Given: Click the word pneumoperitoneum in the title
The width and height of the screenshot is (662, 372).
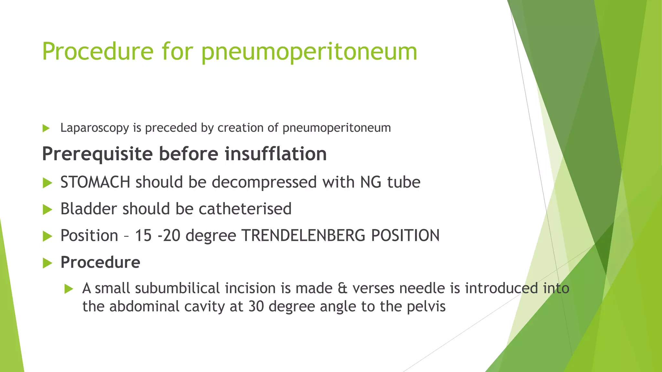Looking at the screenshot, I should coord(309,52).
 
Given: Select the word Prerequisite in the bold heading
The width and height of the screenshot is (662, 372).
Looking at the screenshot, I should coord(97,154).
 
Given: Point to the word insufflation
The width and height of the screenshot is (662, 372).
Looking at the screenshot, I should coord(276,154).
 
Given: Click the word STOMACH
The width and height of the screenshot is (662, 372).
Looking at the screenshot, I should coord(95,182).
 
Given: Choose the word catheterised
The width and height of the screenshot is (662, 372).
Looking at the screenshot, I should coord(245,209).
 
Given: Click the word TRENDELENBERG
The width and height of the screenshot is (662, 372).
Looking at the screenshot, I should coord(304,235).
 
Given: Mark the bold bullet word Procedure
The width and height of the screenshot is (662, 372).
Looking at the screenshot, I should coord(100,262).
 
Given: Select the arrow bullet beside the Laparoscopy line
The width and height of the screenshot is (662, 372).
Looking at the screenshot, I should coord(46,128).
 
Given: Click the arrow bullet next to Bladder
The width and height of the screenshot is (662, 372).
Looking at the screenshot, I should coord(47,210).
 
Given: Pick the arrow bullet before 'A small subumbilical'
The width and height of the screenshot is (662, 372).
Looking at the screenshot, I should coord(69,289).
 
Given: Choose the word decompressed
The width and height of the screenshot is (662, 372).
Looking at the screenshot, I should coord(264,182).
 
